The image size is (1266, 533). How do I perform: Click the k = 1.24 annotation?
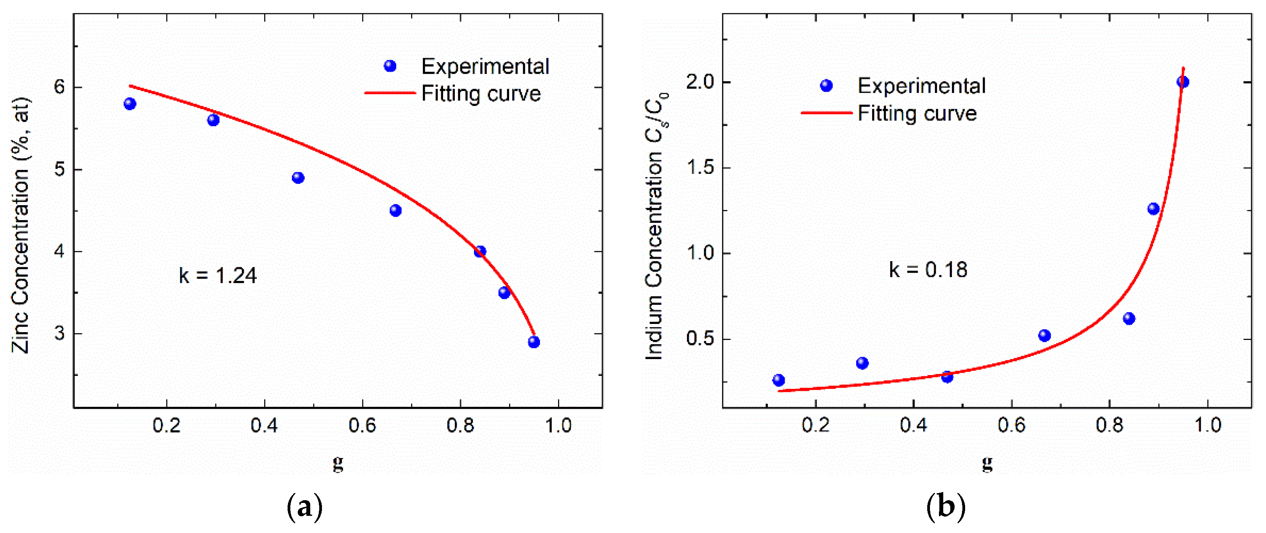pyautogui.click(x=217, y=276)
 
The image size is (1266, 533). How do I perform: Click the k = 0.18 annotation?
pyautogui.click(x=928, y=270)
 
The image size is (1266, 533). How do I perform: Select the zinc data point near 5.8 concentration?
pyautogui.click(x=130, y=104)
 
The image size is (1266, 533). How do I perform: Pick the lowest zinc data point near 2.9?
pyautogui.click(x=534, y=342)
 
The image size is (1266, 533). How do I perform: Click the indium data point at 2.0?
pyautogui.click(x=1183, y=82)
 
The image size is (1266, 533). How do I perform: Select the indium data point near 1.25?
pyautogui.click(x=1153, y=209)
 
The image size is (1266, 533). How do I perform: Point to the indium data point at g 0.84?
pyautogui.click(x=1129, y=318)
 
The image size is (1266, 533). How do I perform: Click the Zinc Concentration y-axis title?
pyautogui.click(x=21, y=225)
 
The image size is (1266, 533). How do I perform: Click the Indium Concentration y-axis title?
pyautogui.click(x=656, y=226)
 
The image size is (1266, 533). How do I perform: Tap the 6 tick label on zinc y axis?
pyautogui.click(x=59, y=87)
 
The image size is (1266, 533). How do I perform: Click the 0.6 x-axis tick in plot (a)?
pyautogui.click(x=362, y=425)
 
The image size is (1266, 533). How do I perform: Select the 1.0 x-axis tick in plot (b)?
pyautogui.click(x=1207, y=425)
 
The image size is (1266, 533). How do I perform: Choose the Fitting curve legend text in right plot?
pyautogui.click(x=917, y=114)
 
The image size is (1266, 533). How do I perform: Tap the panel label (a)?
pyautogui.click(x=304, y=507)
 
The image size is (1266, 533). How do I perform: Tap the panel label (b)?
pyautogui.click(x=946, y=507)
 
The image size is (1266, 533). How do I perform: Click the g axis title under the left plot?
pyautogui.click(x=338, y=463)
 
